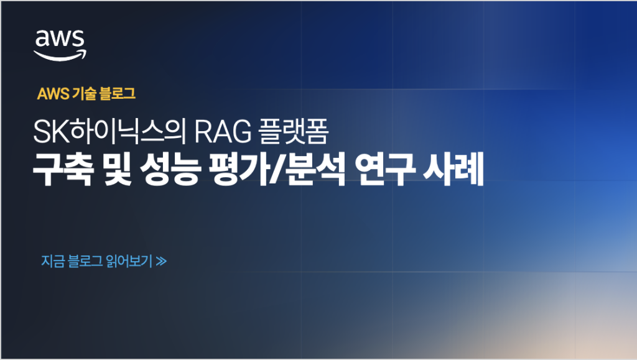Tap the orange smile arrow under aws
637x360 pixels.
(60, 57)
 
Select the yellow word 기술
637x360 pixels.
(84, 94)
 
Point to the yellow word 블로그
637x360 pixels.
(117, 94)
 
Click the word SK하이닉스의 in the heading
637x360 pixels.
(109, 131)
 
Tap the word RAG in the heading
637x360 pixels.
(223, 131)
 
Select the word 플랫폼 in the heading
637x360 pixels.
(294, 131)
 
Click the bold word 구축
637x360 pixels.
(63, 169)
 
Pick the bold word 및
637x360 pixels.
(118, 169)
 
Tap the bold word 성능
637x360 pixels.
(170, 169)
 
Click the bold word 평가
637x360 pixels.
(238, 169)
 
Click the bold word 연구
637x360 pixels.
(384, 169)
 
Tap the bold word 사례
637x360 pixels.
(453, 169)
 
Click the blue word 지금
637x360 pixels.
(53, 261)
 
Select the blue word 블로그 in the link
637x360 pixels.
(85, 261)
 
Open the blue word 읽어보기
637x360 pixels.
(129, 261)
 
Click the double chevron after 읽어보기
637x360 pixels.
(161, 261)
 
